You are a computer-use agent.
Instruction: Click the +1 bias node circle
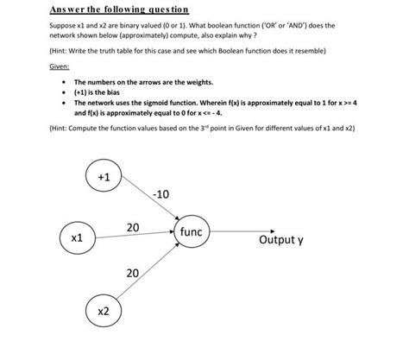coord(104,177)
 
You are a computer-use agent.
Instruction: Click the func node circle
coord(191,232)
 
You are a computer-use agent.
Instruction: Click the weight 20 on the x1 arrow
coord(133,227)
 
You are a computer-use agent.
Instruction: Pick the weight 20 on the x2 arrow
coord(133,274)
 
